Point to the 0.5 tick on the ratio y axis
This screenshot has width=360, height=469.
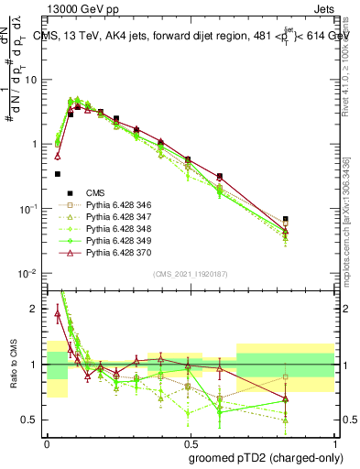tap(31, 420)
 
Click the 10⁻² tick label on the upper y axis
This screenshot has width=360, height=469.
tap(28, 274)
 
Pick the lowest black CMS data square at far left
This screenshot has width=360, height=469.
tap(58, 173)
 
